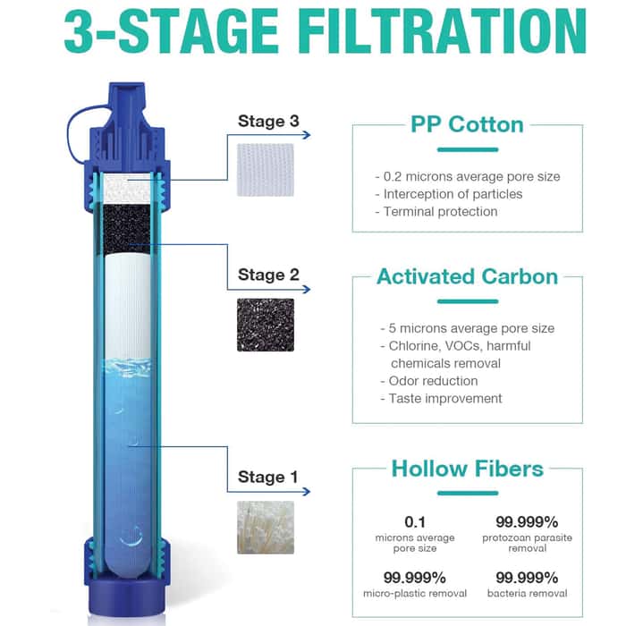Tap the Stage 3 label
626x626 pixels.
(268, 122)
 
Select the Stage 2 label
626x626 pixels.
(268, 275)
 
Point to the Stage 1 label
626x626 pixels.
(268, 478)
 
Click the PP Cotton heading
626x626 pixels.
(467, 124)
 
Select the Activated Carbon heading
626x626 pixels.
(467, 276)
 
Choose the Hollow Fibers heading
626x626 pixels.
(467, 468)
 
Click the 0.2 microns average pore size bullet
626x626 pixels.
(467, 176)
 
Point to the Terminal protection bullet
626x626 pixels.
(436, 211)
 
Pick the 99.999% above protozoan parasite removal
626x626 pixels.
(527, 520)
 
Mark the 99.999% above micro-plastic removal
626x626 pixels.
(414, 577)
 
